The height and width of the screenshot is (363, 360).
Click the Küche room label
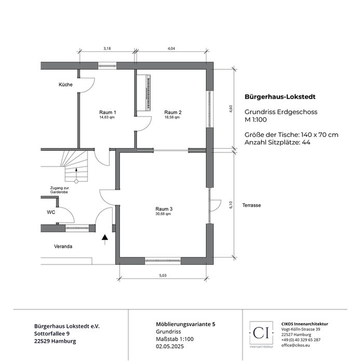[x=65, y=85]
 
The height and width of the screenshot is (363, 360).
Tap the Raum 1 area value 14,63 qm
[x=107, y=117]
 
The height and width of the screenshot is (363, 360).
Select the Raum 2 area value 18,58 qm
[x=172, y=117]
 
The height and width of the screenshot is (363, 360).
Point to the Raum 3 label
[x=164, y=209]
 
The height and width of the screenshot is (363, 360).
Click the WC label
[x=51, y=212]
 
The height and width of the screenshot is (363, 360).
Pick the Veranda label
[x=63, y=246]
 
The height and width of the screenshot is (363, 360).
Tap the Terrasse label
[x=252, y=205]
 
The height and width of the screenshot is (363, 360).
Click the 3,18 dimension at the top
[x=107, y=48]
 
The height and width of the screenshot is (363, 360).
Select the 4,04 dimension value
[x=171, y=48]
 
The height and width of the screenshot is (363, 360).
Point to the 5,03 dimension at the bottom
[x=163, y=275]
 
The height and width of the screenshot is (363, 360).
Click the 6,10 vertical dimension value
[x=231, y=205]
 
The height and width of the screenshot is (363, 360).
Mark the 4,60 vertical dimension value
[x=231, y=109]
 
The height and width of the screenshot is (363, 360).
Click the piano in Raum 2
[x=144, y=93]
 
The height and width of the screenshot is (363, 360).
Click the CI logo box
[x=261, y=333]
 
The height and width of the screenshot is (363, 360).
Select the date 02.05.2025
[x=170, y=346]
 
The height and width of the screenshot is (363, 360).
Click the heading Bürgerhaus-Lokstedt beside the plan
[x=280, y=97]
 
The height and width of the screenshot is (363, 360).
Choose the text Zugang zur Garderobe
[x=59, y=190]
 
